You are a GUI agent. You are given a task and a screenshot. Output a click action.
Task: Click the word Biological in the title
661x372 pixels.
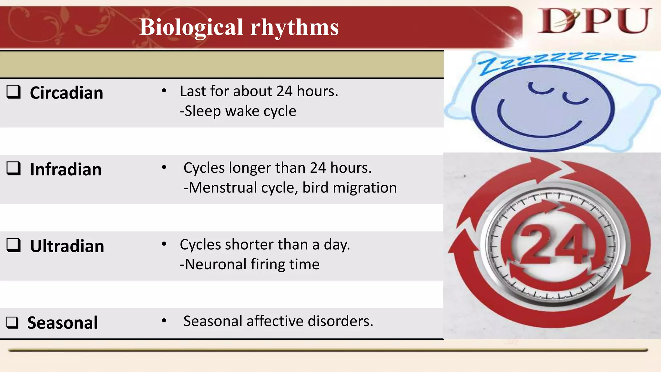[x=191, y=27]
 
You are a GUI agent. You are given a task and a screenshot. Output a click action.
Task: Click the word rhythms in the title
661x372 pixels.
[x=294, y=27]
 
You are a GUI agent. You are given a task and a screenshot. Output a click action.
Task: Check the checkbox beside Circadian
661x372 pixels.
[x=14, y=92]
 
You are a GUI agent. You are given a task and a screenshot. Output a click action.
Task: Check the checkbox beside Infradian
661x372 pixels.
[x=14, y=169]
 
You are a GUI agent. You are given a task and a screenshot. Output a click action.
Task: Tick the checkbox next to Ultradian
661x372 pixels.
[x=14, y=245]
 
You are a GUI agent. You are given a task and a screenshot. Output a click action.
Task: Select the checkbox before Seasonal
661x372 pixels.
[x=13, y=322]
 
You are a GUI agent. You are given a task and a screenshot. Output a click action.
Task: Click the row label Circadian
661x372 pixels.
[x=66, y=93]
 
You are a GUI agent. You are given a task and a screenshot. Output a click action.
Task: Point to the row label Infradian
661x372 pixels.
[x=66, y=170]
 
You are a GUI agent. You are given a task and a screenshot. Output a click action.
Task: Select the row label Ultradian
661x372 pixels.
[x=67, y=246]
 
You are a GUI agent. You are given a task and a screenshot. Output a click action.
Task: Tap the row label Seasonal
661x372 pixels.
[x=62, y=323]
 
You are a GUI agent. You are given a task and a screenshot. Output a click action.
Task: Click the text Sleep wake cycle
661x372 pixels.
[x=238, y=111]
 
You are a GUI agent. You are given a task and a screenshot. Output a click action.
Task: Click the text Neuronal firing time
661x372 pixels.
[x=250, y=264]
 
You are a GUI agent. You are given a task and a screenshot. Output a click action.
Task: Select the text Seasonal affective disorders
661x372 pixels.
[x=278, y=321]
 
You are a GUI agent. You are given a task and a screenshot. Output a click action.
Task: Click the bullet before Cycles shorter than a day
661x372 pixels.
[x=164, y=244]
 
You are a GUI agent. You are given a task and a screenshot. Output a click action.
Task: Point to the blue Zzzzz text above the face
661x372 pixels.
[x=555, y=61]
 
